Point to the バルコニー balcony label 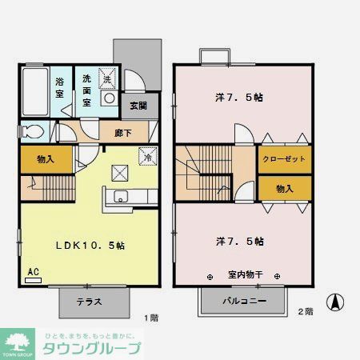[x=243, y=302]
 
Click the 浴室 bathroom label [x=60, y=87]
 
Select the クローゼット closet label [x=284, y=159]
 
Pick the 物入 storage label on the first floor [x=45, y=159]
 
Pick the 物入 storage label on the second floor [x=284, y=189]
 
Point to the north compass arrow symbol [x=338, y=304]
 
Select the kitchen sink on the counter [x=120, y=198]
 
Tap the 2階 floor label [x=306, y=311]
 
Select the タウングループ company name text [x=91, y=348]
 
